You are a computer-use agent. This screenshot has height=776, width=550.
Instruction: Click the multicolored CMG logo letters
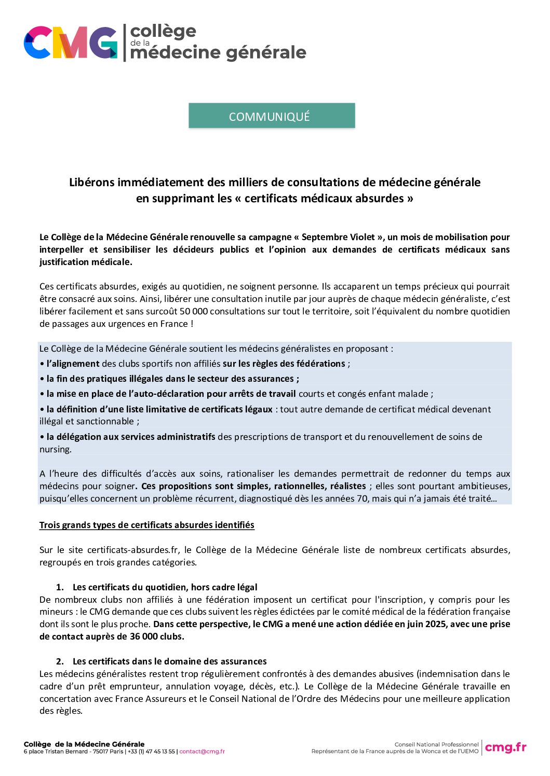[71, 43]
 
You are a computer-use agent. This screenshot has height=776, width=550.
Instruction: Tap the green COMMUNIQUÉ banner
[272, 116]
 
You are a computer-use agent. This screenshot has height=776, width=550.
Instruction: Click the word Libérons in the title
[91, 183]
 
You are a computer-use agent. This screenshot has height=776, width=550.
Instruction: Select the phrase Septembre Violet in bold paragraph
[339, 237]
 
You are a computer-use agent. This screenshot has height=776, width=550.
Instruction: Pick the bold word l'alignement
[73, 364]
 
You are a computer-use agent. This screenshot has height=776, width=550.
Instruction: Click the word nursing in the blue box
[55, 449]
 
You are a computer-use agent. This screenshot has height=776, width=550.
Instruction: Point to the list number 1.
[60, 587]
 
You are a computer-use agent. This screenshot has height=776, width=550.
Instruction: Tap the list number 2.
[60, 661]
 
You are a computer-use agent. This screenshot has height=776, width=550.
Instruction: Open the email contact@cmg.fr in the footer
[202, 752]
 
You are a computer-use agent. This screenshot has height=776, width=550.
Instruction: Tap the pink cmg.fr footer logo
[505, 747]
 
